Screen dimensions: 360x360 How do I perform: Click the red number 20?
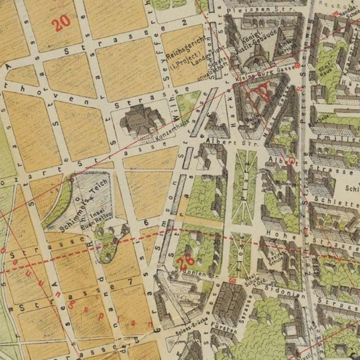61,23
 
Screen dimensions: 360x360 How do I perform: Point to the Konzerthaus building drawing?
139,120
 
